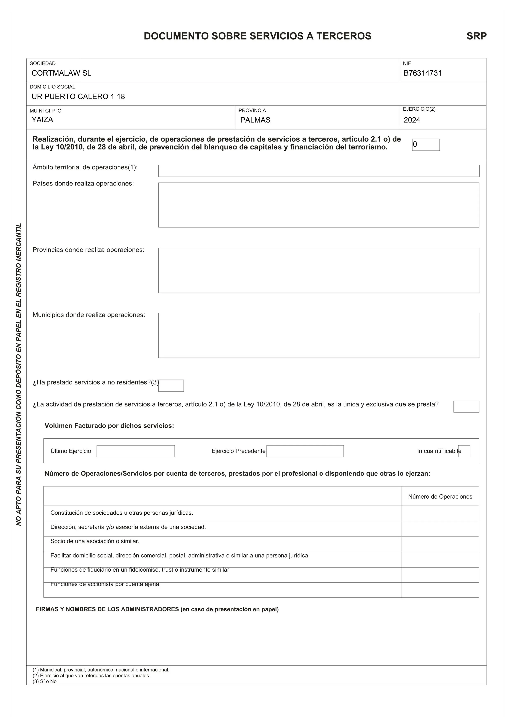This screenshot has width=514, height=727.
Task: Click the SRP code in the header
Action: pos(476,36)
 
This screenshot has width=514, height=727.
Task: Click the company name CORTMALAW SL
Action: pos(61,73)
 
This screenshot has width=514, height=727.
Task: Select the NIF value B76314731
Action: pos(423,73)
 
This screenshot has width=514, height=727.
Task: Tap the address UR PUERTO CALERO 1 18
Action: pos(78,97)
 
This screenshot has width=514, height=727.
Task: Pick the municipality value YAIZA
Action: pos(42,120)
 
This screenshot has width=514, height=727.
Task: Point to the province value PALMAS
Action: pos(255,120)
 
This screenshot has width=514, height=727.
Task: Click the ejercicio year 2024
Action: pos(412,120)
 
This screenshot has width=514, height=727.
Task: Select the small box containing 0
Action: pos(426,145)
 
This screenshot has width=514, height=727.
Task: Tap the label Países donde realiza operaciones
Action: pos(83,184)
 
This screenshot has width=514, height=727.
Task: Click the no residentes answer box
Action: pos(171,386)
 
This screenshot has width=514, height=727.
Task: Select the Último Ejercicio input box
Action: pos(135,451)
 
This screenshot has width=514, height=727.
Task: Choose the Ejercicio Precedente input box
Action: pos(305,451)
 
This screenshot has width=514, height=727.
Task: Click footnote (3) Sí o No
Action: pos(45,681)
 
